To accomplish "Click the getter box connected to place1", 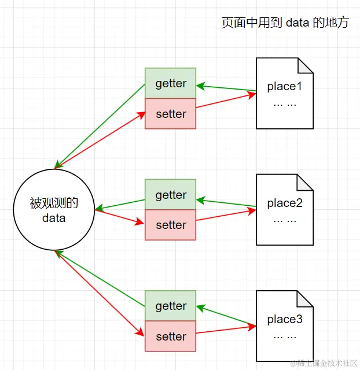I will coord(171,83).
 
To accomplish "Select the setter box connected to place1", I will coord(171,114).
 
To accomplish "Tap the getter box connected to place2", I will coord(171,195).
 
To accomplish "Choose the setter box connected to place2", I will coord(171,225).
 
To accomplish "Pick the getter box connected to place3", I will coord(171,306).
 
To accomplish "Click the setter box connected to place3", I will coord(171,336).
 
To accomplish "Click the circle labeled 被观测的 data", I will coord(54,210).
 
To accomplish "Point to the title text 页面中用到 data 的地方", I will coord(285,23).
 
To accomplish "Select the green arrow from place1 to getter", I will coord(226,88).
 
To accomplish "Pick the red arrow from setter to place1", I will coord(226,102).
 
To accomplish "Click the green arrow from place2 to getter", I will coord(226,203).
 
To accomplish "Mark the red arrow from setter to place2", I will coord(226,216).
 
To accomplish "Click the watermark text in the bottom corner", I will coord(324,363).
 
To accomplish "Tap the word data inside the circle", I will coord(54,218).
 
